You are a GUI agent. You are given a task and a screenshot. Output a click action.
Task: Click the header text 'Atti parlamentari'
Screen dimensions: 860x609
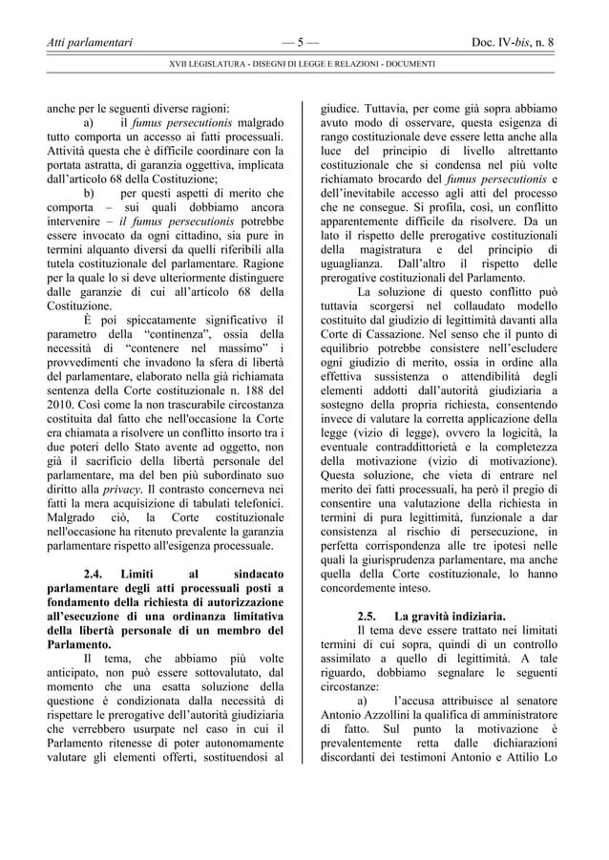91,42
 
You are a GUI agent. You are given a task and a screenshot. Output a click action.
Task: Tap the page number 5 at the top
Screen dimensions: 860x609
301,42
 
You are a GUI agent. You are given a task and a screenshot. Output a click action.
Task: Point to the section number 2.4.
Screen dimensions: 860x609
97,575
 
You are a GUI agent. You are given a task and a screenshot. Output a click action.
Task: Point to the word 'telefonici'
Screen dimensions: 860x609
252,504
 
